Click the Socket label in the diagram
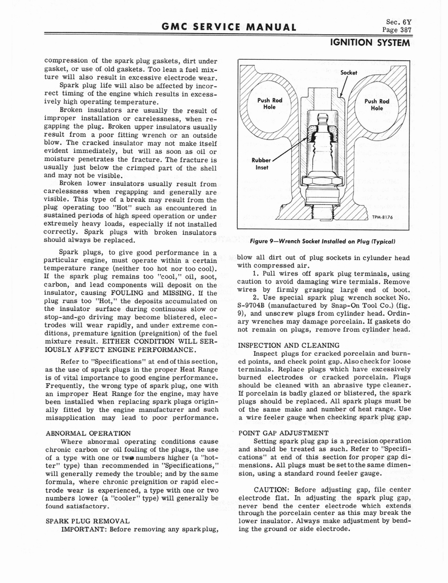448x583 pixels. click(348, 73)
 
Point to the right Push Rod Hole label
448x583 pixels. click(376, 105)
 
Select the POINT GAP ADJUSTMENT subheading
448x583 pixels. click(283, 433)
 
